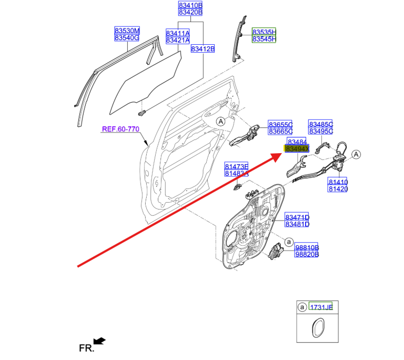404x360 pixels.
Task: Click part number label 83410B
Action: pyautogui.click(x=190, y=5)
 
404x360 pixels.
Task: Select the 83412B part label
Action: pyautogui.click(x=203, y=49)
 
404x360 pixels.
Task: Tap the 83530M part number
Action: pyautogui.click(x=127, y=31)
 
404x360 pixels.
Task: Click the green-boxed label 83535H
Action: pyautogui.click(x=264, y=32)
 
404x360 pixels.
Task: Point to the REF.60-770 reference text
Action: pyautogui.click(x=120, y=128)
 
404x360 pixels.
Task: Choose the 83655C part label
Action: pyautogui.click(x=280, y=124)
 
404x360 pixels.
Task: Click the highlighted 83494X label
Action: pyautogui.click(x=297, y=149)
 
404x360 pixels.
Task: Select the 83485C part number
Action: pyautogui.click(x=321, y=124)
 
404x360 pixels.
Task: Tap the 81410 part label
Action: pyautogui.click(x=338, y=182)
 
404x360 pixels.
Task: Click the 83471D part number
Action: pyautogui.click(x=297, y=217)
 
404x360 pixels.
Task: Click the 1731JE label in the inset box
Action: pyautogui.click(x=321, y=307)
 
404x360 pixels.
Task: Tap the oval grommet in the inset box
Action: pyautogui.click(x=317, y=329)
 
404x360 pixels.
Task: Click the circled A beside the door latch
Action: pyautogui.click(x=356, y=154)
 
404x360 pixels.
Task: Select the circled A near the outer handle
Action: pyautogui.click(x=221, y=122)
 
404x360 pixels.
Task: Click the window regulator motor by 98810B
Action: pyautogui.click(x=276, y=252)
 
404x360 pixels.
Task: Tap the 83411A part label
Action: pyautogui.click(x=178, y=33)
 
